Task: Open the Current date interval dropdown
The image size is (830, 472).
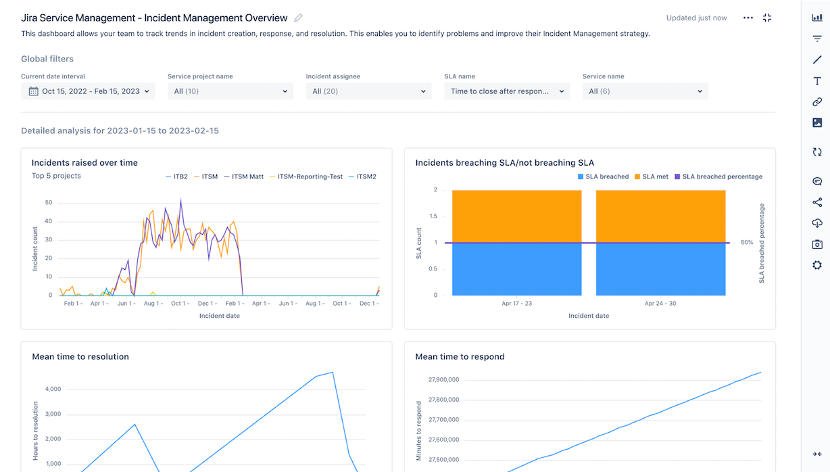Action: [88, 91]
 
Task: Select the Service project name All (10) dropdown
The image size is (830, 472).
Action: [230, 91]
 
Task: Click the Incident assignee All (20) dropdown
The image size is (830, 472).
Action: [368, 91]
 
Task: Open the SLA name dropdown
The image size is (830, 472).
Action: [506, 91]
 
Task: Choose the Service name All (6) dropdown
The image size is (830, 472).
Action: [645, 91]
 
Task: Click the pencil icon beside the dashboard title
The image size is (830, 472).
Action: [299, 18]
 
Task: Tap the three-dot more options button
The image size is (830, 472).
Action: [748, 18]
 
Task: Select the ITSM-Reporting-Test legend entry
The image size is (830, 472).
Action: [302, 176]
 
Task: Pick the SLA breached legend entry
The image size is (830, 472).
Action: [603, 176]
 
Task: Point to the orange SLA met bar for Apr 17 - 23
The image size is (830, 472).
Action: [516, 216]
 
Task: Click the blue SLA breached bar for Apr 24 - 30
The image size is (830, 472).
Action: [660, 268]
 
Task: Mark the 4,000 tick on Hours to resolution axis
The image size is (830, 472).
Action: [52, 390]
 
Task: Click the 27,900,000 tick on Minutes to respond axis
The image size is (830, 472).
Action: [443, 380]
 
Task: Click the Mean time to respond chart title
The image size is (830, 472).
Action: [460, 356]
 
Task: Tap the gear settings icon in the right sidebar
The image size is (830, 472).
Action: [816, 265]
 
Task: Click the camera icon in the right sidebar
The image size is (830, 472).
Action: [816, 244]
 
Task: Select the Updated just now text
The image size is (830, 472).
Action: [696, 18]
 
